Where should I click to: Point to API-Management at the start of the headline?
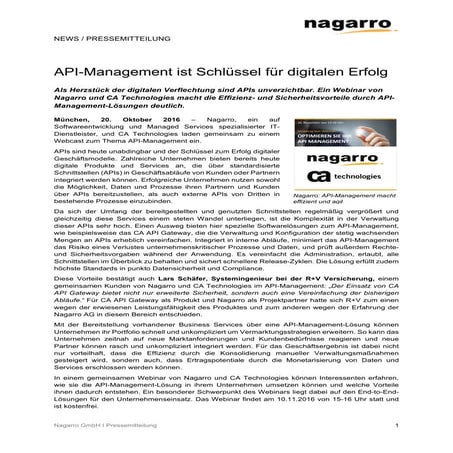[x=110, y=73]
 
